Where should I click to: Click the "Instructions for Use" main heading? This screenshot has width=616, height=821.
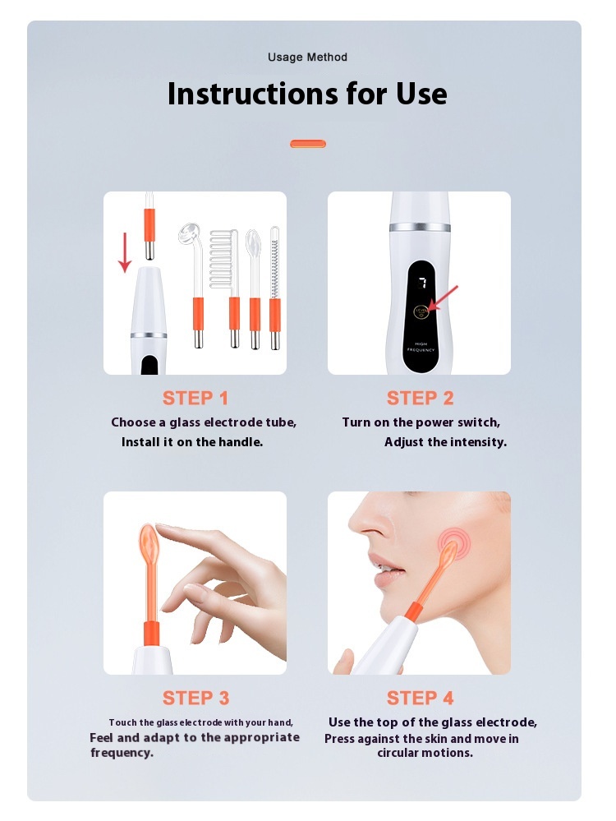point(307,95)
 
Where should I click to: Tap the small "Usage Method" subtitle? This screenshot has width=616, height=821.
point(307,57)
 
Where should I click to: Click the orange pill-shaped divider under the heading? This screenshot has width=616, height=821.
point(308,144)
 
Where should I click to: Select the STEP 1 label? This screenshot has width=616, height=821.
point(195,399)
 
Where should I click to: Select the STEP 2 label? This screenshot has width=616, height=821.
point(420,399)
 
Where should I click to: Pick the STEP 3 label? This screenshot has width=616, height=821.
point(195,698)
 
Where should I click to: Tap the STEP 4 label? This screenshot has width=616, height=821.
point(420,698)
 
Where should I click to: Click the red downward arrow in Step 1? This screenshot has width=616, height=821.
point(125,252)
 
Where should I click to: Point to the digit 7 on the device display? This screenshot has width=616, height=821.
point(422,284)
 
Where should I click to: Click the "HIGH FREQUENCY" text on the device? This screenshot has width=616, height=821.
point(421,347)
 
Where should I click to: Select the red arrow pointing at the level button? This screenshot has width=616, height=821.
point(442,298)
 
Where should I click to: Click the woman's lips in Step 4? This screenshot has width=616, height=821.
point(380,570)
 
